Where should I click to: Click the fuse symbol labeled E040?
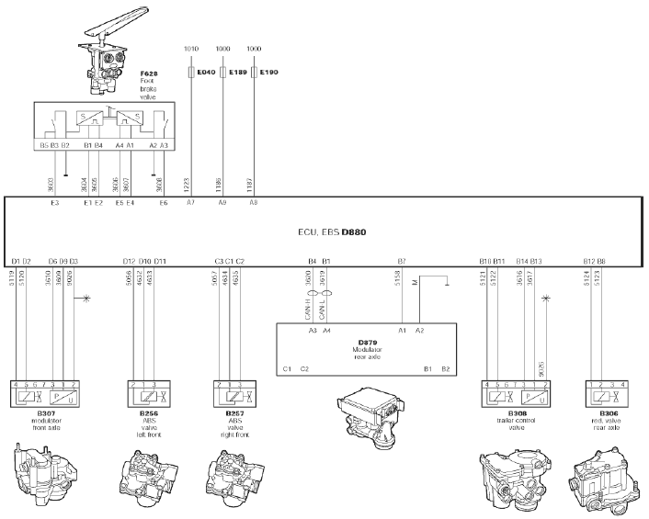190,71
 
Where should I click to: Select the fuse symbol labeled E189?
222,71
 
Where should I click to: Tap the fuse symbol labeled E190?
254,71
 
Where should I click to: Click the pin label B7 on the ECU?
402,262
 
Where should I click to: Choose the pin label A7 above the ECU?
190,201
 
